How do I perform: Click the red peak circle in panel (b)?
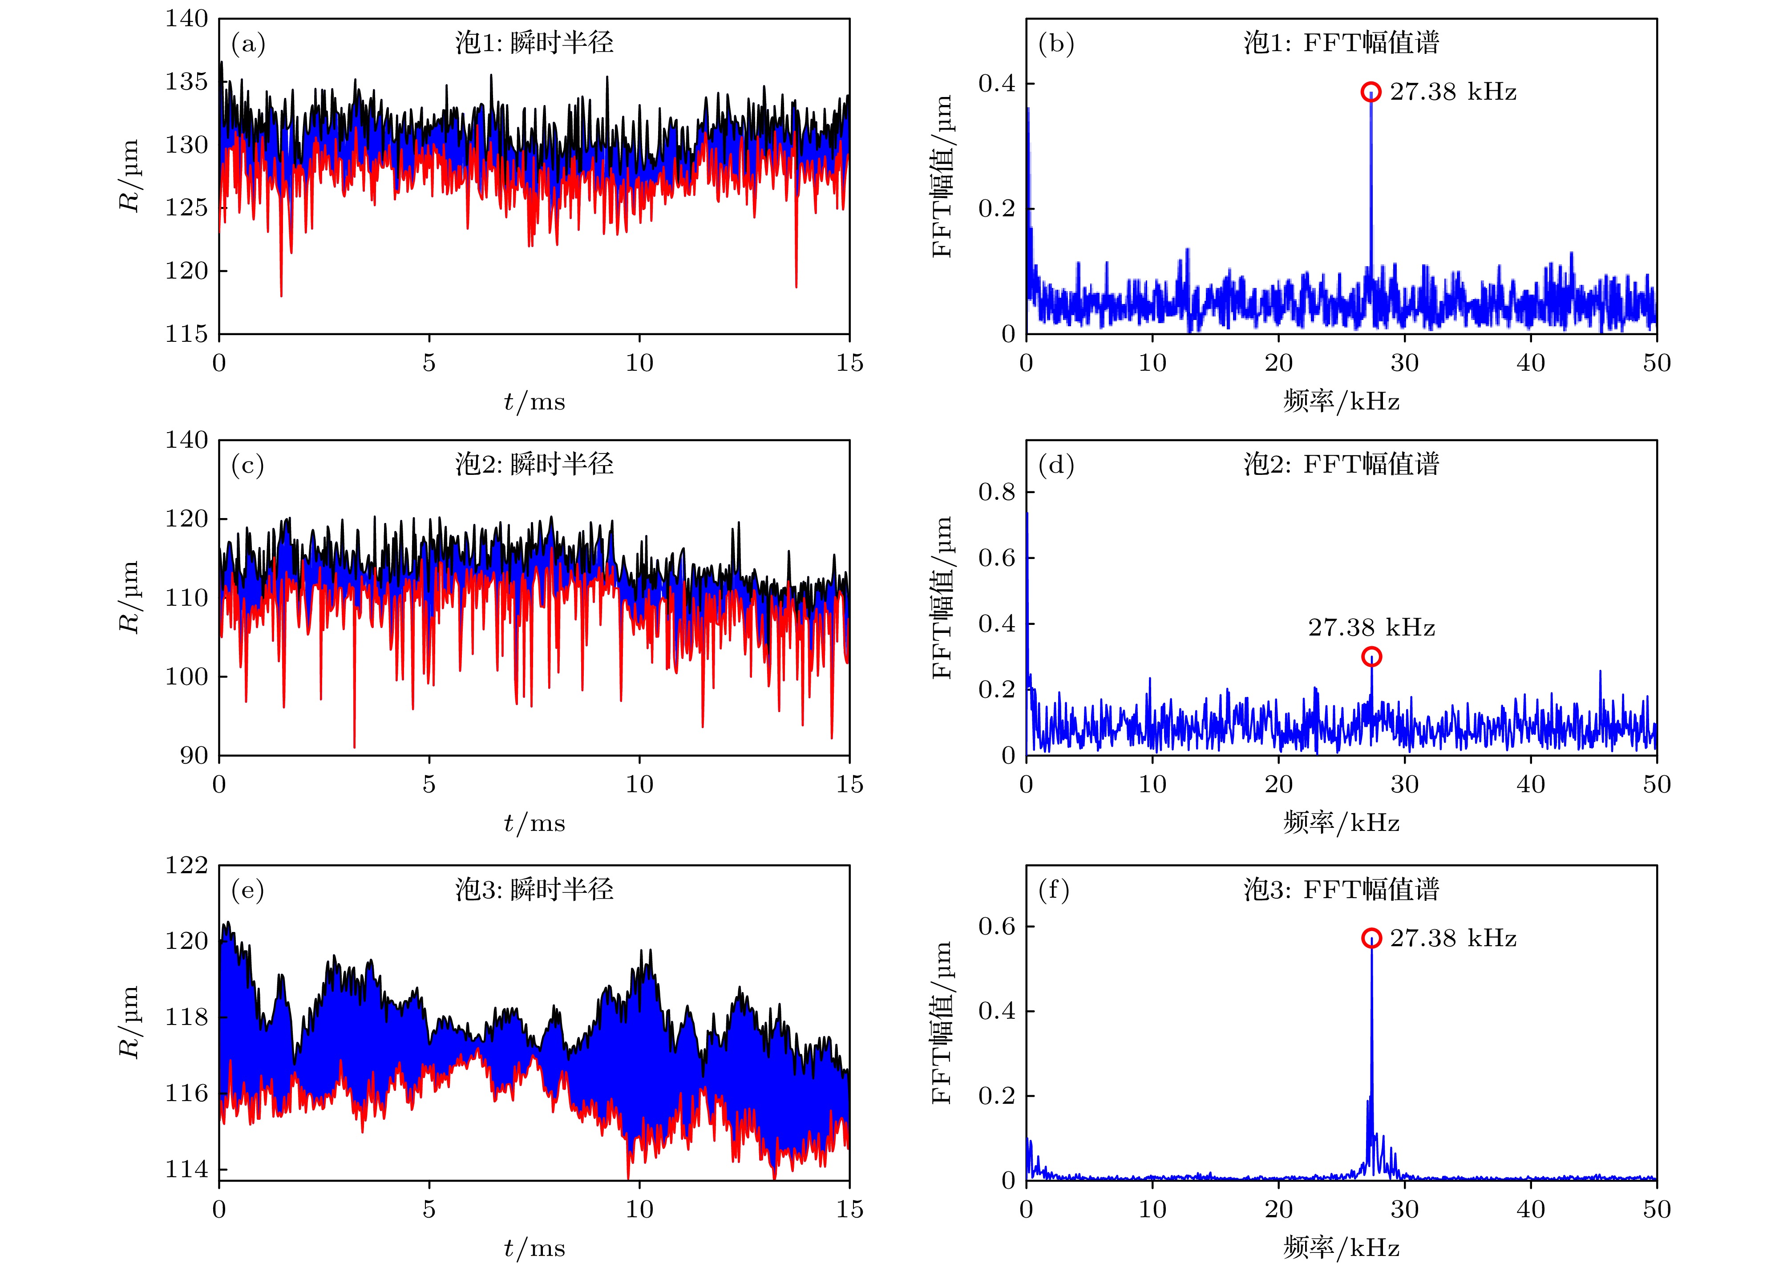pos(1371,92)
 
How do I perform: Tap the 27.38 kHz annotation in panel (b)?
pos(1453,92)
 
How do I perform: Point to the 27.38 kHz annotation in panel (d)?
pos(1372,628)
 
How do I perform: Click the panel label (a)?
pos(248,44)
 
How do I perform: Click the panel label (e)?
pos(248,890)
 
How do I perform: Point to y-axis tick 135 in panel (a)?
pos(186,82)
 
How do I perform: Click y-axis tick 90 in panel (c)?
pos(194,756)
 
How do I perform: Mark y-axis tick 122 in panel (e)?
pos(186,865)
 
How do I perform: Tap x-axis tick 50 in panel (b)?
pos(1656,363)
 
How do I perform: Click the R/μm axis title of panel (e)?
pos(129,1021)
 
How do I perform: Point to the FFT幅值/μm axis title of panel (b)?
pos(942,176)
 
